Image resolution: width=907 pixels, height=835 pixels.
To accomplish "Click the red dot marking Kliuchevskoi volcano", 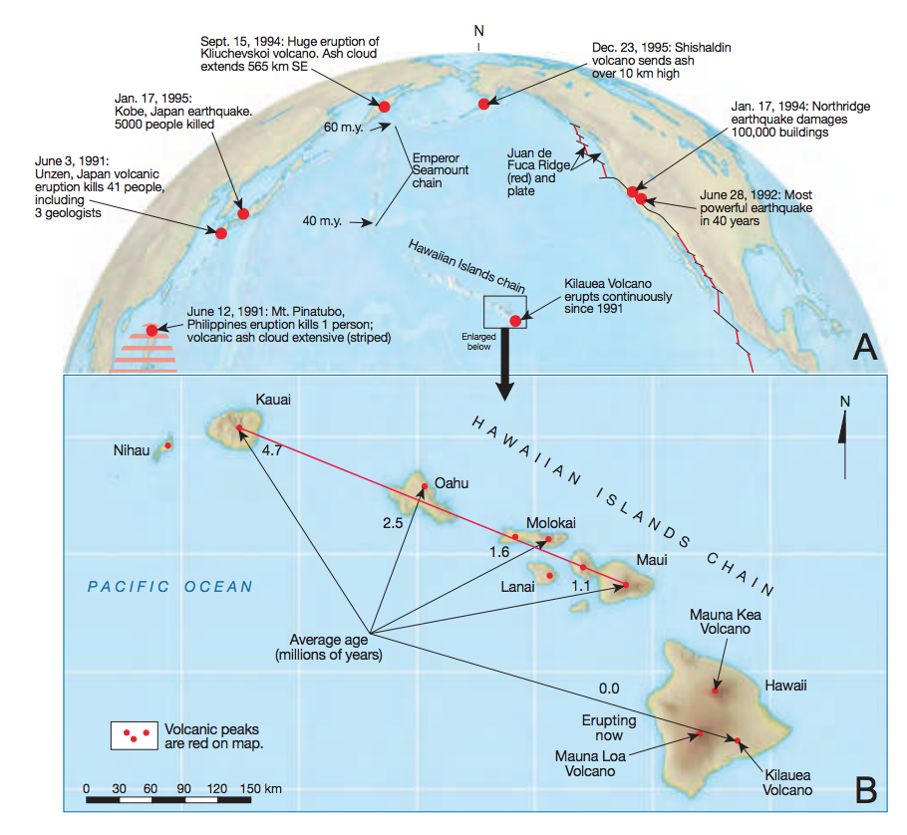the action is point(384,107).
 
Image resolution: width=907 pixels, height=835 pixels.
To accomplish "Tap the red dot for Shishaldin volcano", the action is point(484,104).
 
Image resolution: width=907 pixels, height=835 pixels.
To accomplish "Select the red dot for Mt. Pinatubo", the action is point(151,330).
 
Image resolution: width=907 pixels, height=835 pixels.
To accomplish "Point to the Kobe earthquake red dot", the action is point(243,214).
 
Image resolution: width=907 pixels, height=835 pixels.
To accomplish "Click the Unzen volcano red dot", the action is point(221,233).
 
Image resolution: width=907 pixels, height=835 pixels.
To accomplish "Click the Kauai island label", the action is point(273,400).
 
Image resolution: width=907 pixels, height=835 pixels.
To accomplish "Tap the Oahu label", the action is point(452,483).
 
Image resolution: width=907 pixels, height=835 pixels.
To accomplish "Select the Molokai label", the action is point(550,523).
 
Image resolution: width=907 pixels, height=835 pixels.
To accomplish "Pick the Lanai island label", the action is point(517,587).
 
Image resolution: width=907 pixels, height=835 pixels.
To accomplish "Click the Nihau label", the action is point(132,450).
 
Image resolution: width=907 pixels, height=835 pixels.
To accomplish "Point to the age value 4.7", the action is point(272,450).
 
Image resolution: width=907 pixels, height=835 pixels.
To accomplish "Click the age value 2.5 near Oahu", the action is point(392,523).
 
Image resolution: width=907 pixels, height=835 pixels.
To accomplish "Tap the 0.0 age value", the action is point(609,689).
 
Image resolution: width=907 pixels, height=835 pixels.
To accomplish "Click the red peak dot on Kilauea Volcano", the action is point(738,740).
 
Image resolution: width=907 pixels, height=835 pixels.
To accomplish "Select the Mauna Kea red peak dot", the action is point(716,691).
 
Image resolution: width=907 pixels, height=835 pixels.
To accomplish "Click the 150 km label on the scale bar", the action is point(261,789).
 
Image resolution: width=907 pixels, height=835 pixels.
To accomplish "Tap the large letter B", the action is point(866,790).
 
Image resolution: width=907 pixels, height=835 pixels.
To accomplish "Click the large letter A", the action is point(865,347).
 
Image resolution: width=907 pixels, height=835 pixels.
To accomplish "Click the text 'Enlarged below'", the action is point(479,342).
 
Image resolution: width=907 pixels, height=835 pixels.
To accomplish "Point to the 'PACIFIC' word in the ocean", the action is point(129,587).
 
